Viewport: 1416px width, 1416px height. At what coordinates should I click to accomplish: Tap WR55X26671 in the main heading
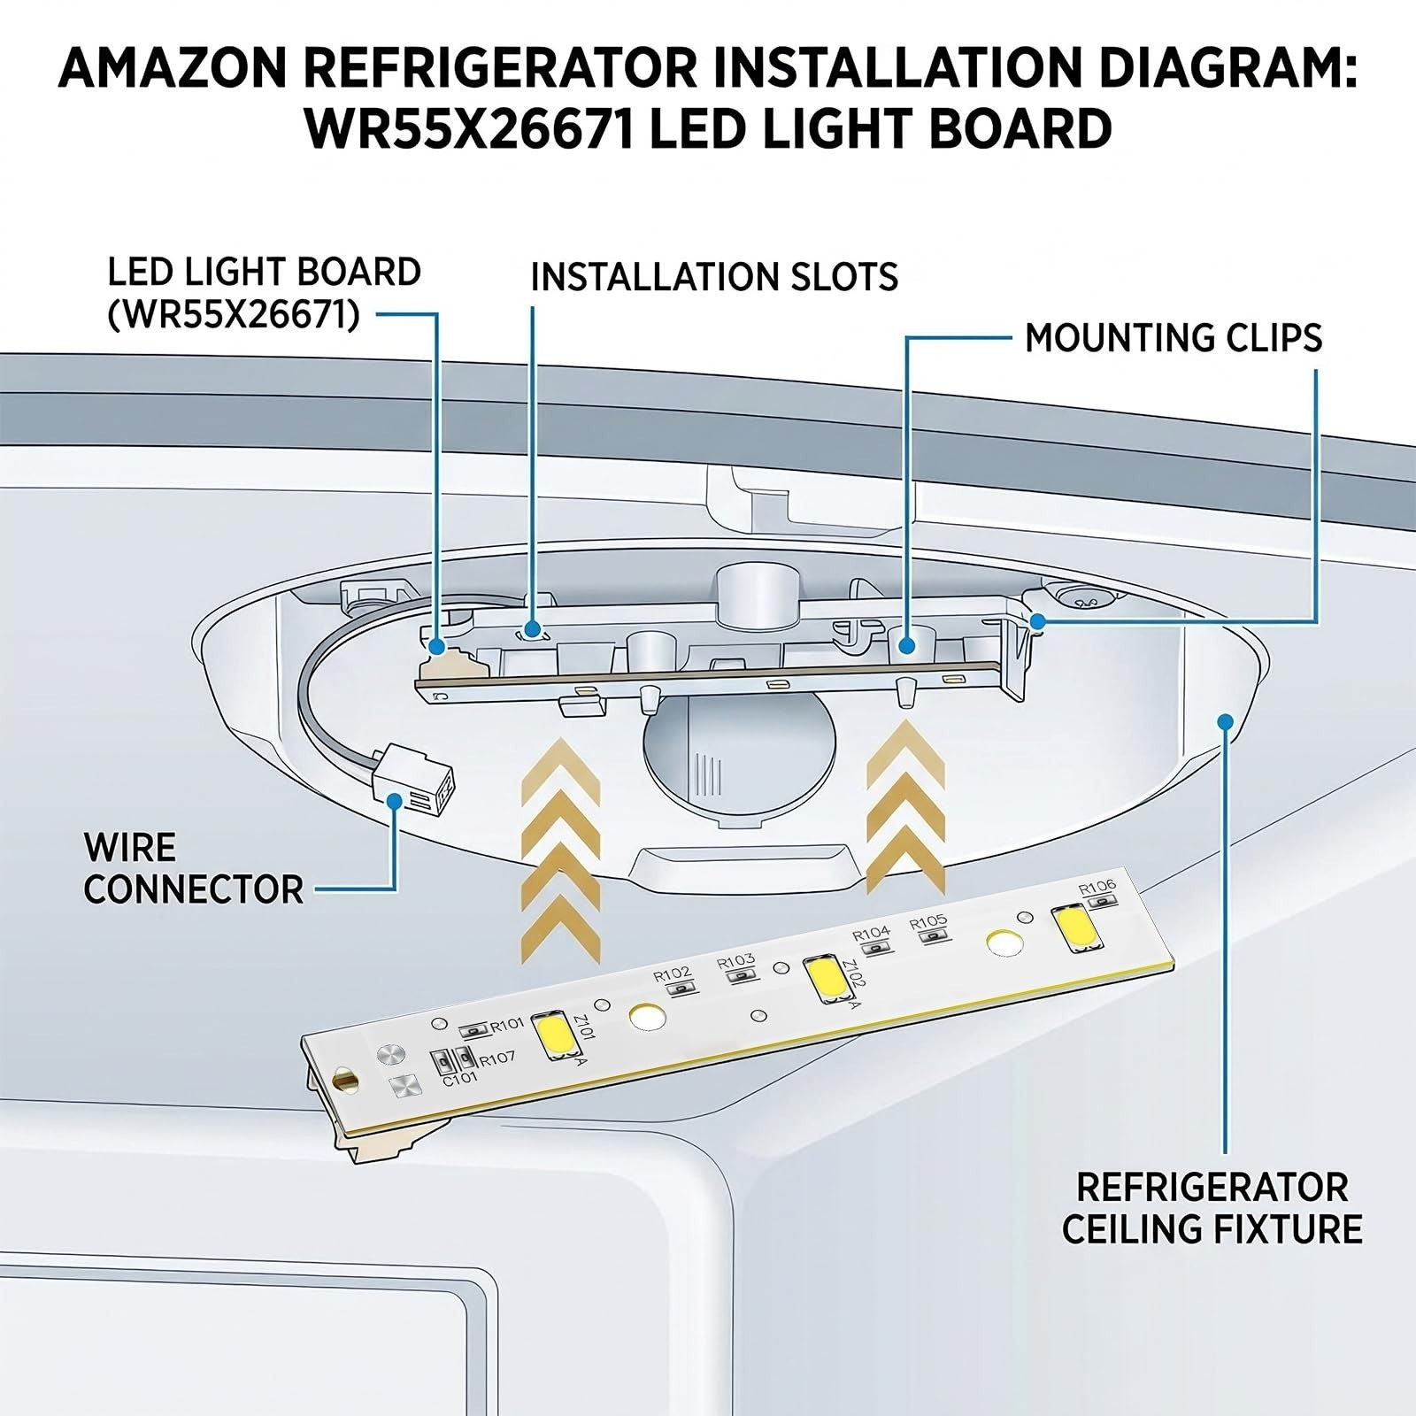469,129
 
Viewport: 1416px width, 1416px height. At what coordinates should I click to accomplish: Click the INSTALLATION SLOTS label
714,277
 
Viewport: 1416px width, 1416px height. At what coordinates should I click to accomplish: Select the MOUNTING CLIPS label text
1173,338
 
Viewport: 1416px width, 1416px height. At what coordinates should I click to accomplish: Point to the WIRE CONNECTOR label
194,868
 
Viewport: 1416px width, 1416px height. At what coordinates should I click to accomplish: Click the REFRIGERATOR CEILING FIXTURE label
1212,1208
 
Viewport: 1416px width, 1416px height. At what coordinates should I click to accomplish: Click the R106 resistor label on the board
1097,886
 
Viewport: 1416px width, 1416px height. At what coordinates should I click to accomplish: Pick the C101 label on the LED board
460,1079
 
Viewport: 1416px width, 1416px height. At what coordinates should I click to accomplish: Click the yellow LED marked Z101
554,1035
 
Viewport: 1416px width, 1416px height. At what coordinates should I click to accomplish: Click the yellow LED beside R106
1072,927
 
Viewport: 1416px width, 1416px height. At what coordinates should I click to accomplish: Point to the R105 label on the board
928,922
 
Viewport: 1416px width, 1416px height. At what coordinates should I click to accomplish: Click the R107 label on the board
496,1058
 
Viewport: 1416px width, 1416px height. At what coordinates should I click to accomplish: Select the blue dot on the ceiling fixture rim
1226,722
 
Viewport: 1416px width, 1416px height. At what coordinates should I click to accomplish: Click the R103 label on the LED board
736,961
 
